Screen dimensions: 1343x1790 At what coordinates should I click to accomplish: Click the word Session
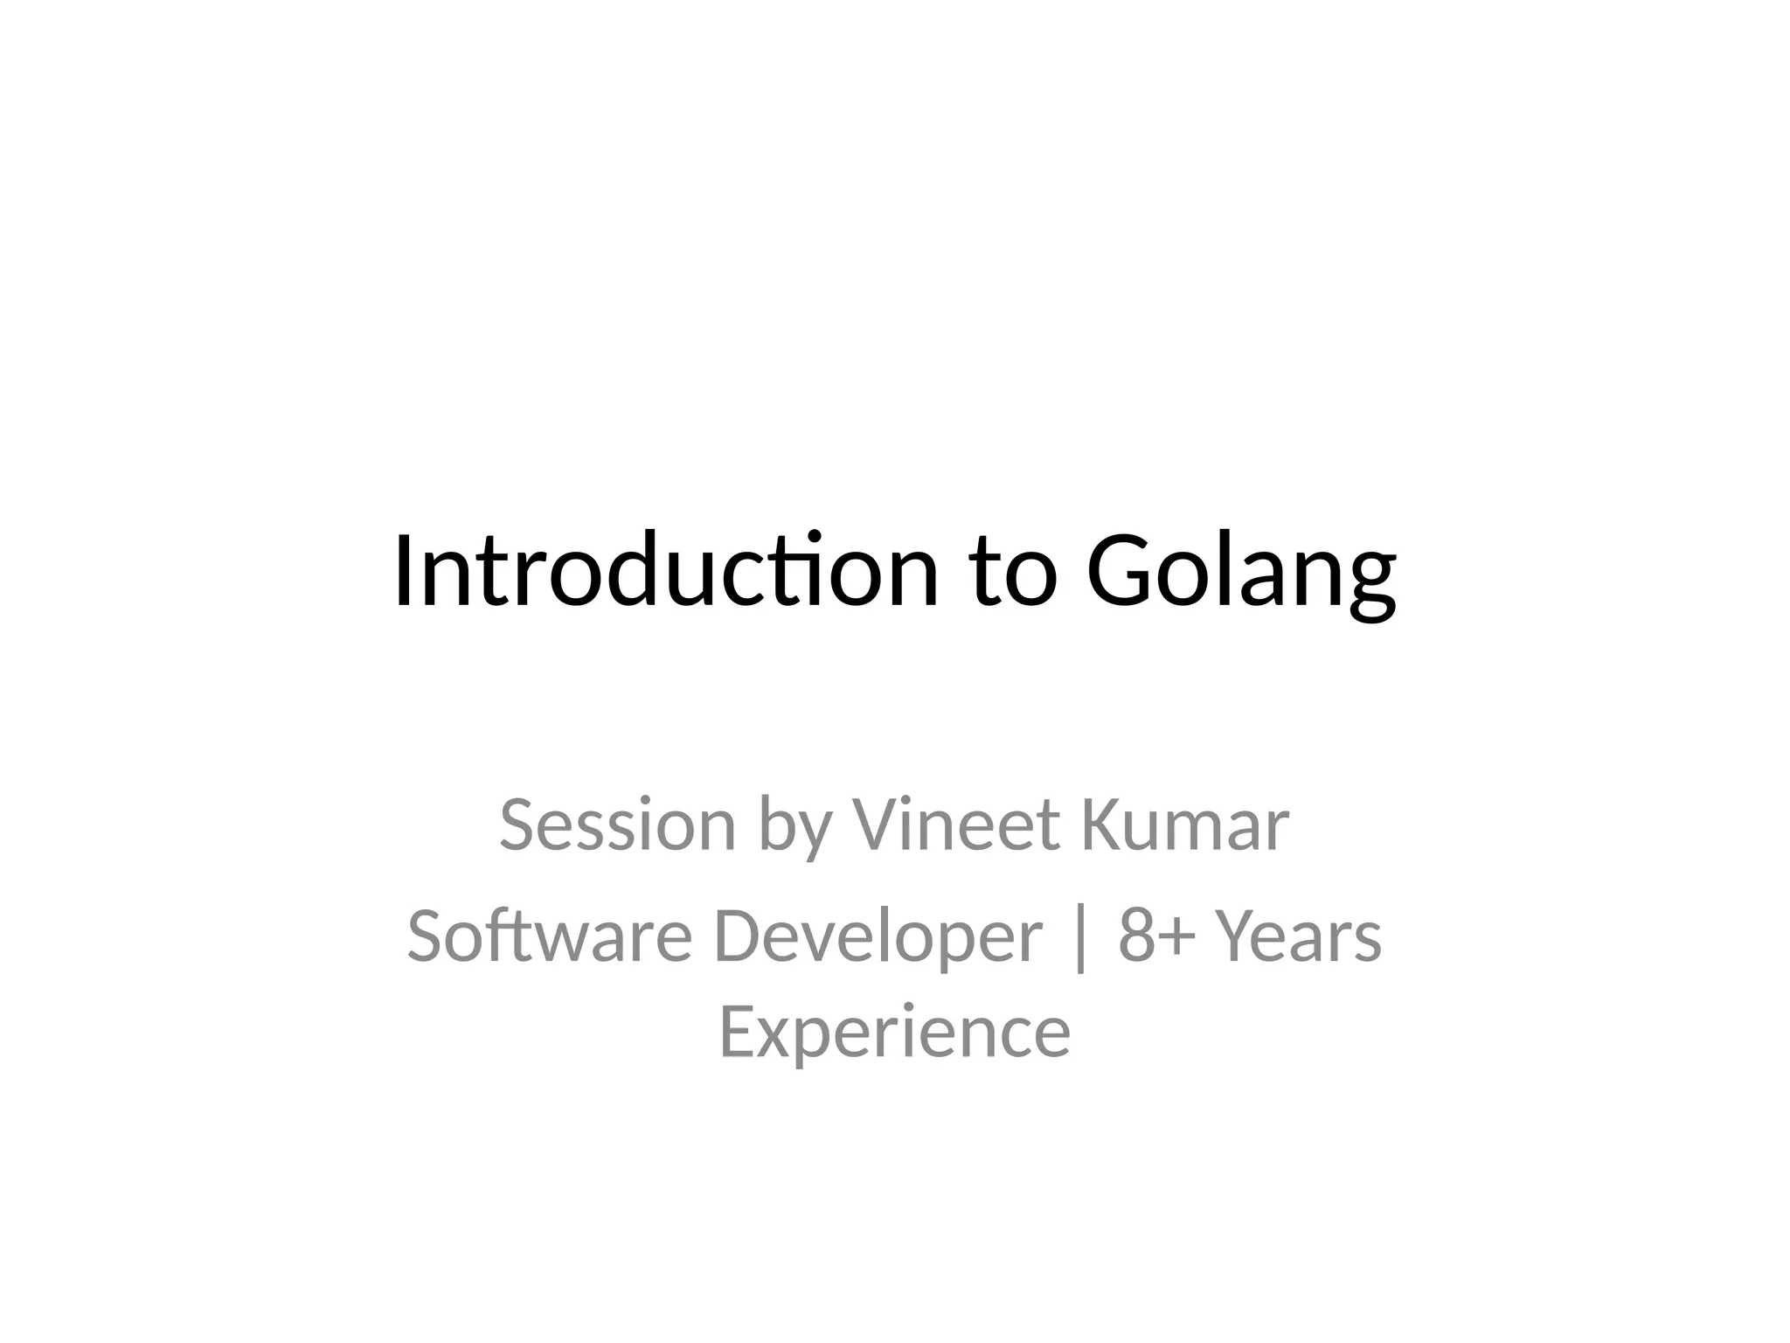point(618,825)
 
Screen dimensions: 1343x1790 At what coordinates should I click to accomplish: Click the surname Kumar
point(1185,825)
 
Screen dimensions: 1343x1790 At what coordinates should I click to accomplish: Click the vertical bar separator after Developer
point(1081,937)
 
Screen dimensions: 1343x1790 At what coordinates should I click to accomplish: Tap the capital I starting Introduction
point(403,570)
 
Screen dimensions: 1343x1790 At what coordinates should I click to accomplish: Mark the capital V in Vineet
point(877,825)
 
